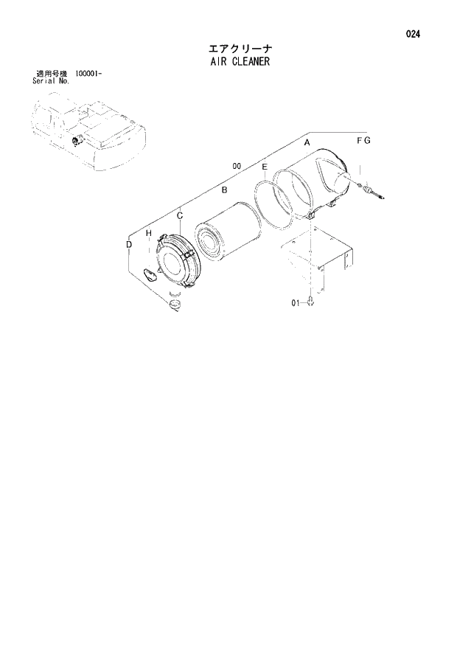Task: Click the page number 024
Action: pyautogui.click(x=414, y=34)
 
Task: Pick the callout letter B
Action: pyautogui.click(x=223, y=190)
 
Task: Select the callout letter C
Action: pyautogui.click(x=179, y=215)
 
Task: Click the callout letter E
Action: pyautogui.click(x=265, y=168)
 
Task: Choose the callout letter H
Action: pyautogui.click(x=148, y=234)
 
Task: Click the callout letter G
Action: pyautogui.click(x=367, y=140)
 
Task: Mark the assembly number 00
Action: pyautogui.click(x=237, y=167)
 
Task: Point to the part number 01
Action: pyautogui.click(x=295, y=302)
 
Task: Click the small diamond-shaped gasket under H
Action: pyautogui.click(x=151, y=276)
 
